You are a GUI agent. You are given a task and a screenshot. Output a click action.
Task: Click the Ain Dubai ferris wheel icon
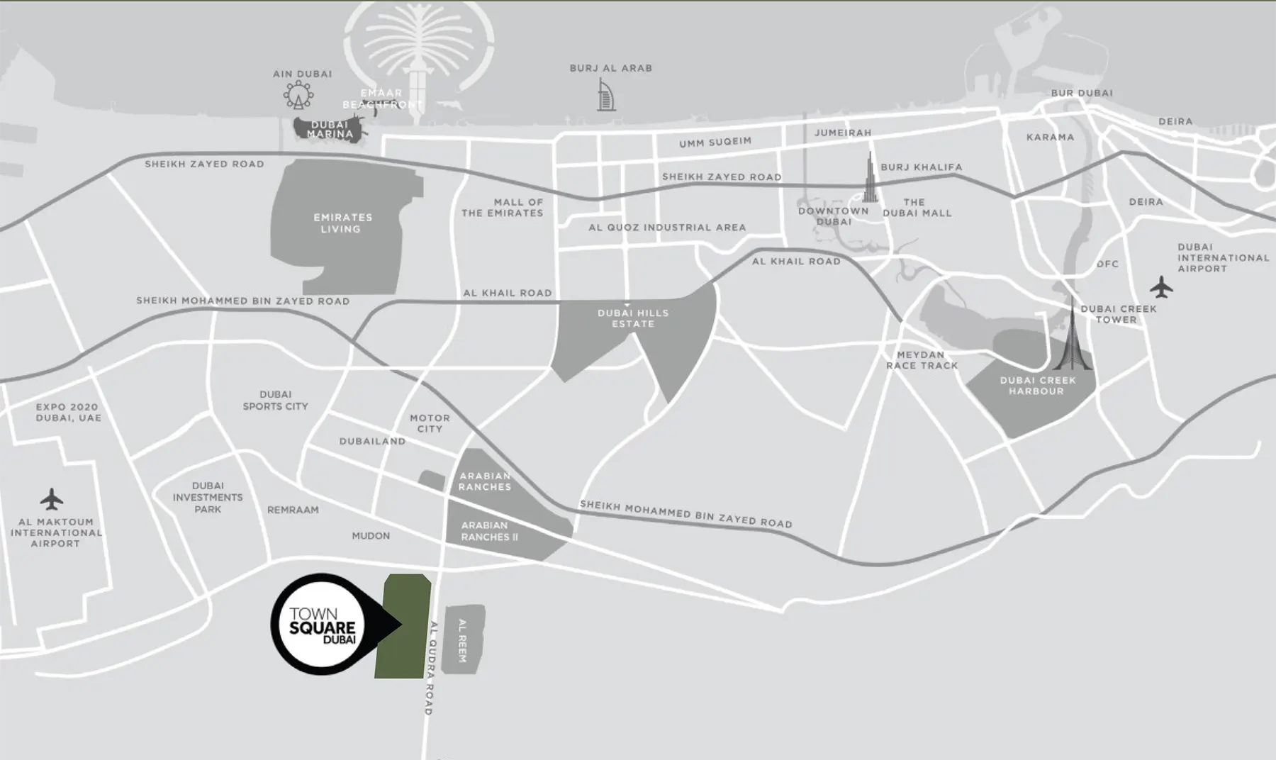click(x=298, y=95)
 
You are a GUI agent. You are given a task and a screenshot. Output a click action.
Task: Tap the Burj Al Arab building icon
click(x=605, y=95)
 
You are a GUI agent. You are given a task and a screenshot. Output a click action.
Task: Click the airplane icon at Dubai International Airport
click(x=1161, y=287)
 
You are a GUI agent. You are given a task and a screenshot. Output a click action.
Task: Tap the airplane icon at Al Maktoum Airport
click(x=51, y=499)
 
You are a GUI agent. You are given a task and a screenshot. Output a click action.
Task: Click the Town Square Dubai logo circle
click(x=323, y=624)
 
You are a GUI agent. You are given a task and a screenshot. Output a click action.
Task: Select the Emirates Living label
click(x=343, y=223)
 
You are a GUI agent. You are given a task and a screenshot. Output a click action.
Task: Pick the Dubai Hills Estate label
click(x=633, y=318)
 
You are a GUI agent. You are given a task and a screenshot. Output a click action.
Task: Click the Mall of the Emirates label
click(x=503, y=208)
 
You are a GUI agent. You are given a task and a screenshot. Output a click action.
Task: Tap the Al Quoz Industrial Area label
click(x=667, y=228)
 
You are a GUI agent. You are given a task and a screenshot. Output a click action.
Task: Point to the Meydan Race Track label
click(x=922, y=360)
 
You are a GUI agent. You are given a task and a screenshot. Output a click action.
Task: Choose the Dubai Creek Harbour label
click(x=1037, y=386)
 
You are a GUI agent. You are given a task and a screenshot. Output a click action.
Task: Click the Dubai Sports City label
click(x=276, y=401)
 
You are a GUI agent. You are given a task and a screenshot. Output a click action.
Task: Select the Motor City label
click(x=430, y=423)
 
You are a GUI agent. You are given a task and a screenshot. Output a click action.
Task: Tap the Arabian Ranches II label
click(x=489, y=531)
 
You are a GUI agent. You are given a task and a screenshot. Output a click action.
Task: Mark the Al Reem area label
click(x=463, y=640)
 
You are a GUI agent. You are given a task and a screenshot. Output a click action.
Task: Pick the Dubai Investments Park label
click(x=208, y=498)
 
